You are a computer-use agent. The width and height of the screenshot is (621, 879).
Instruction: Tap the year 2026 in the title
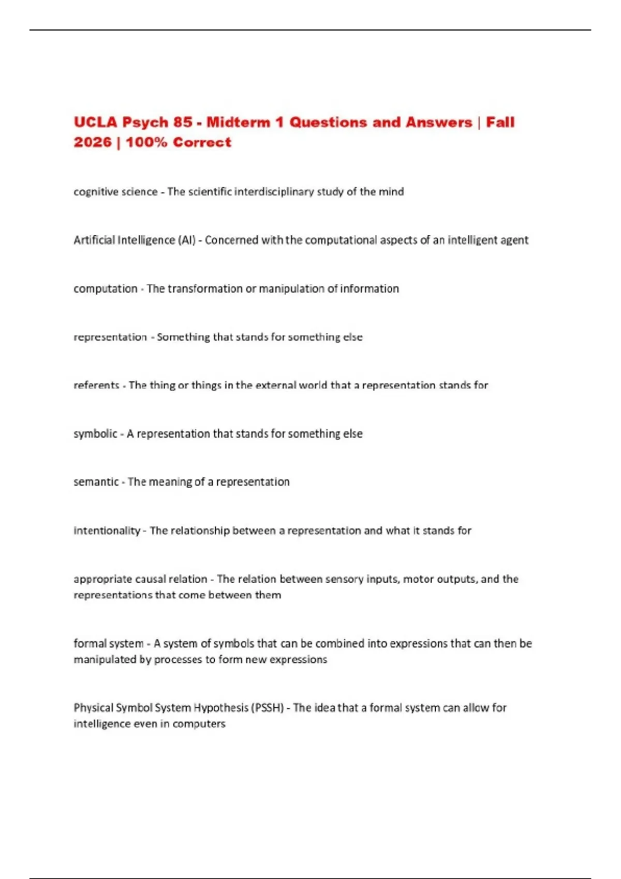click(92, 142)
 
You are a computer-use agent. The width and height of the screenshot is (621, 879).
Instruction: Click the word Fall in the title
click(500, 123)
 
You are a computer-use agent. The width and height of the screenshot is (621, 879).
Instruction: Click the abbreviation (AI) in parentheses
click(186, 240)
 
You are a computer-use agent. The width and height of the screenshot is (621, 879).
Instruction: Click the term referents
click(96, 385)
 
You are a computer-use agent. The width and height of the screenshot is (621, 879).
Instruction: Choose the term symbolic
click(95, 434)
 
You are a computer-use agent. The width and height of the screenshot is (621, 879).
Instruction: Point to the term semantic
click(96, 482)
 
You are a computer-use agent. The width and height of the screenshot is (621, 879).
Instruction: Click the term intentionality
click(107, 531)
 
